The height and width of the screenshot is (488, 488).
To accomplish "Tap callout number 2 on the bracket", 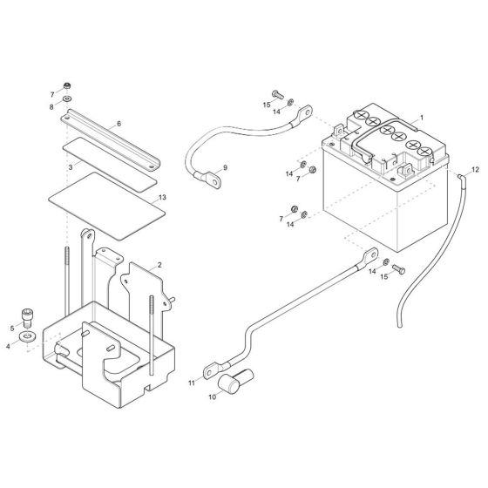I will point(159,263).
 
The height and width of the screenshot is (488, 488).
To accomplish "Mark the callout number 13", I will point(161,198).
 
